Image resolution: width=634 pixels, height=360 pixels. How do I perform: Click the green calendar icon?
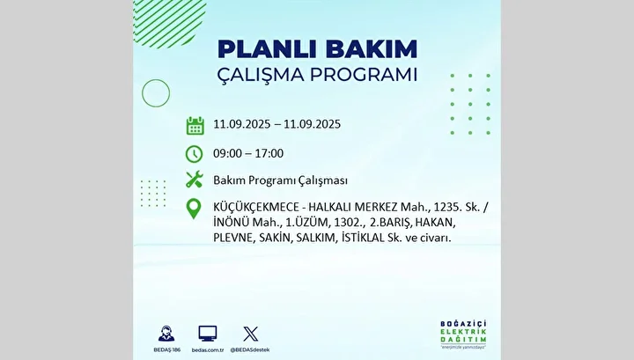click(x=195, y=125)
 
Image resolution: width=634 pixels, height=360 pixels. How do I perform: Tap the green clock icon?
click(x=194, y=154)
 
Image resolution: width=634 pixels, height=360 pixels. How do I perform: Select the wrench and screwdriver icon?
click(x=194, y=180)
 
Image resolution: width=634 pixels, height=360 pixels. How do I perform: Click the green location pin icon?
click(x=194, y=209)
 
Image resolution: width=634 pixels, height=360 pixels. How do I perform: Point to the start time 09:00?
click(x=228, y=153)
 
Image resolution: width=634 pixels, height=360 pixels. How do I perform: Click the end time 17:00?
click(x=269, y=153)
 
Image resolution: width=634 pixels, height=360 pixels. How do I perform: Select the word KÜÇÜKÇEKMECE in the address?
click(x=256, y=207)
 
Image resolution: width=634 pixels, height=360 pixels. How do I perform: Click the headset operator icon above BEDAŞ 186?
click(x=166, y=334)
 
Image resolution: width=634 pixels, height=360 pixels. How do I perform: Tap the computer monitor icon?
click(x=208, y=334)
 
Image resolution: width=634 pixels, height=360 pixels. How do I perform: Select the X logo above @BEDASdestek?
click(x=250, y=334)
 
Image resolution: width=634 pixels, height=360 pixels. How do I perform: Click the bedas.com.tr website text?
click(x=208, y=350)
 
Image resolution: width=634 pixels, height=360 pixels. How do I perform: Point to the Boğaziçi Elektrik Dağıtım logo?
click(x=463, y=335)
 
